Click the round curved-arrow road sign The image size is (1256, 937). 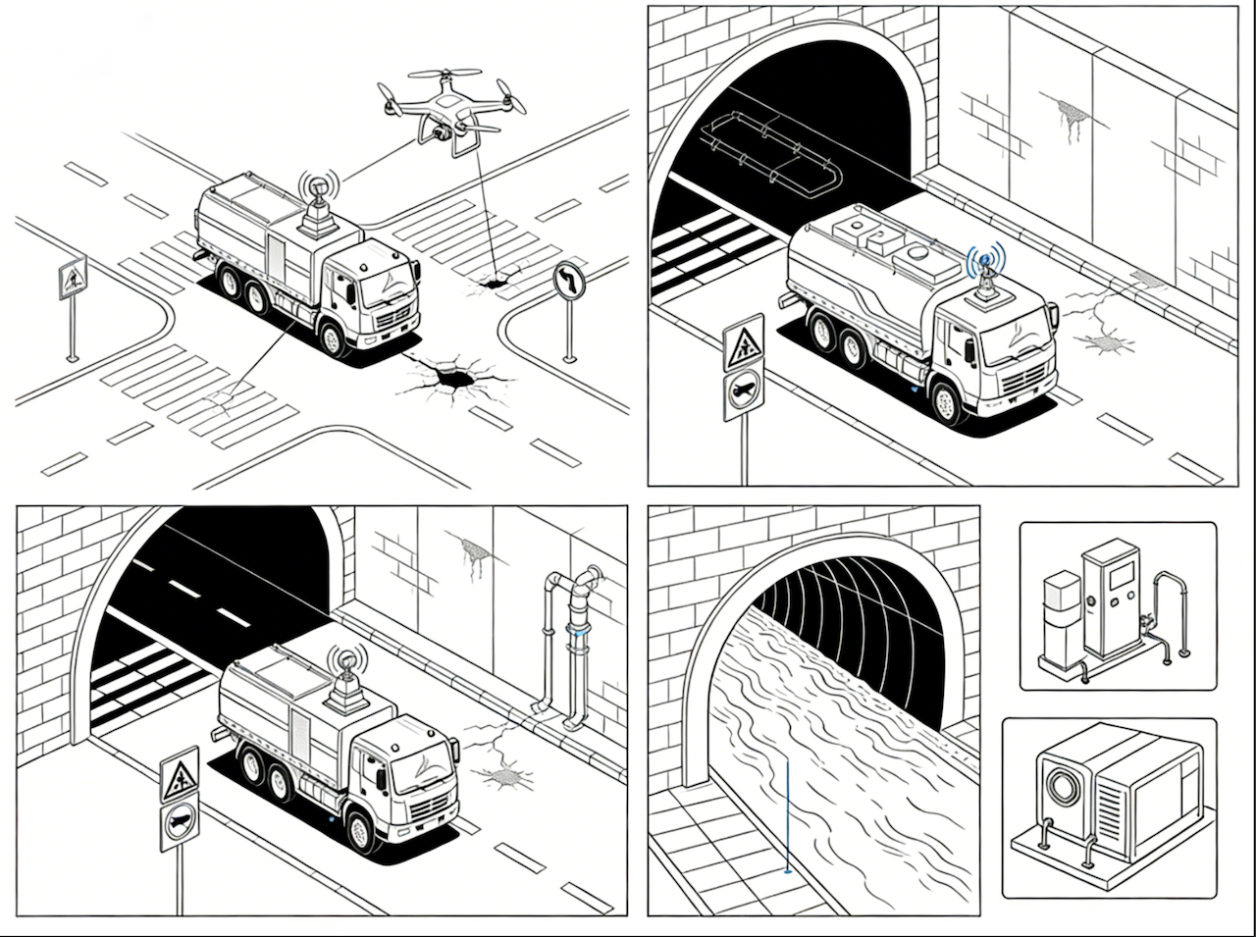(x=568, y=282)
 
